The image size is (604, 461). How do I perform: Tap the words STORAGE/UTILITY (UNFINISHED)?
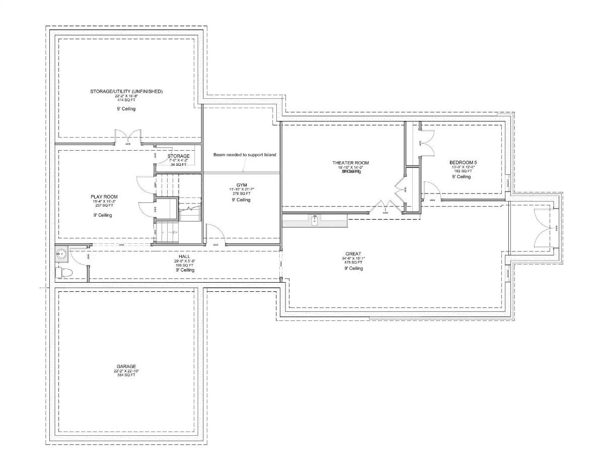point(126,92)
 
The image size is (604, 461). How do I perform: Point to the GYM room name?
point(241,185)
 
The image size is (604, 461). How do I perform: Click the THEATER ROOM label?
point(350,163)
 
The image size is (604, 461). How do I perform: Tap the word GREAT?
point(353,254)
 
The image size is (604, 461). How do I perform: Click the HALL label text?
point(185,256)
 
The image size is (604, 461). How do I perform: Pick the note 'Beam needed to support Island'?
point(245,155)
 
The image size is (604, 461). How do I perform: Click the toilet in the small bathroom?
point(64,273)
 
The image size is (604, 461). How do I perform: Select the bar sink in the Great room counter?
point(315,220)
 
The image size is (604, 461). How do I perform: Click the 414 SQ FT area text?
point(126,100)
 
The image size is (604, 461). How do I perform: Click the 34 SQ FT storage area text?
point(178,164)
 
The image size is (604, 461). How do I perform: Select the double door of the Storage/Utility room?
point(127,137)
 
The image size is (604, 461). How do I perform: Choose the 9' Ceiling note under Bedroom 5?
point(461,177)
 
